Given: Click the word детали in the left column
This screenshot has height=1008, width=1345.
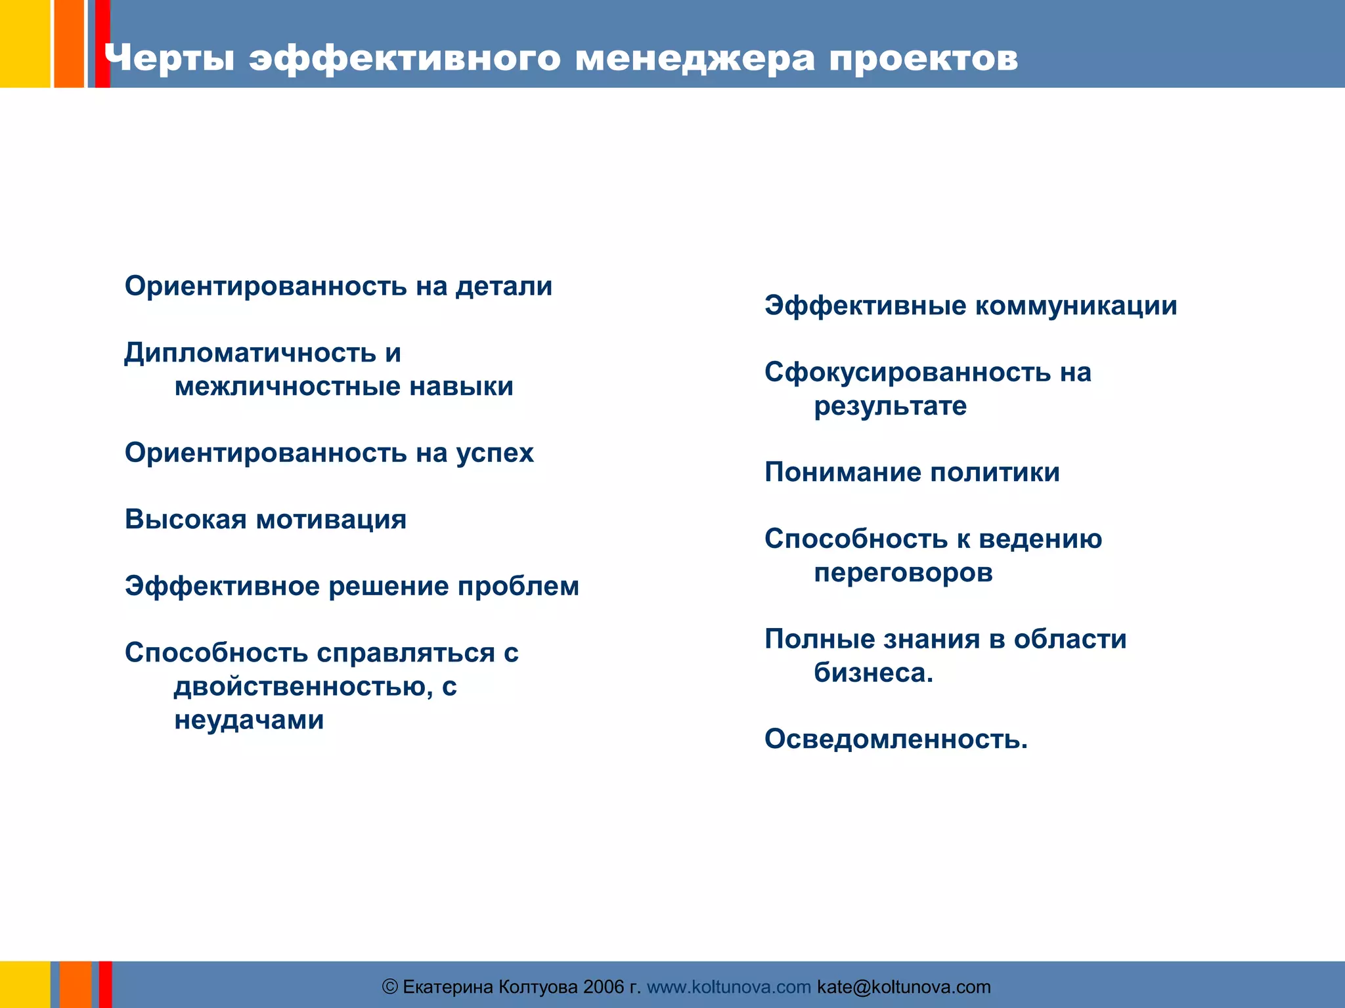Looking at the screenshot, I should pyautogui.click(x=504, y=286).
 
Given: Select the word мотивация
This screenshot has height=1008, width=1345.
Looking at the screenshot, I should pyautogui.click(x=331, y=520).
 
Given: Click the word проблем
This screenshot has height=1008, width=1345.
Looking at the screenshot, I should pyautogui.click(x=518, y=586).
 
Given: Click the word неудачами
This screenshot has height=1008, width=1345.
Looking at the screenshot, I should pyautogui.click(x=249, y=721).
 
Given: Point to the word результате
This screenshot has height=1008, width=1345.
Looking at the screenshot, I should pyautogui.click(x=890, y=406).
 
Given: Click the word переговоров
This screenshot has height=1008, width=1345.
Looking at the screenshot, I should pyautogui.click(x=903, y=573).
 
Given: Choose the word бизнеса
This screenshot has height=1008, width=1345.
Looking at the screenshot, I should pyautogui.click(x=873, y=673).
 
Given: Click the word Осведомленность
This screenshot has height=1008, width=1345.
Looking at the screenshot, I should pyautogui.click(x=895, y=740).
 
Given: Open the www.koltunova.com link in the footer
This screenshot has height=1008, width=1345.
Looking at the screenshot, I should pyautogui.click(x=729, y=987).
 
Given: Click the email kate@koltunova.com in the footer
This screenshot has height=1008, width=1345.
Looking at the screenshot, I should pyautogui.click(x=904, y=987).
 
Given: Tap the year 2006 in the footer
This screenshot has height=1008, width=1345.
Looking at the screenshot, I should pyautogui.click(x=603, y=987).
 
